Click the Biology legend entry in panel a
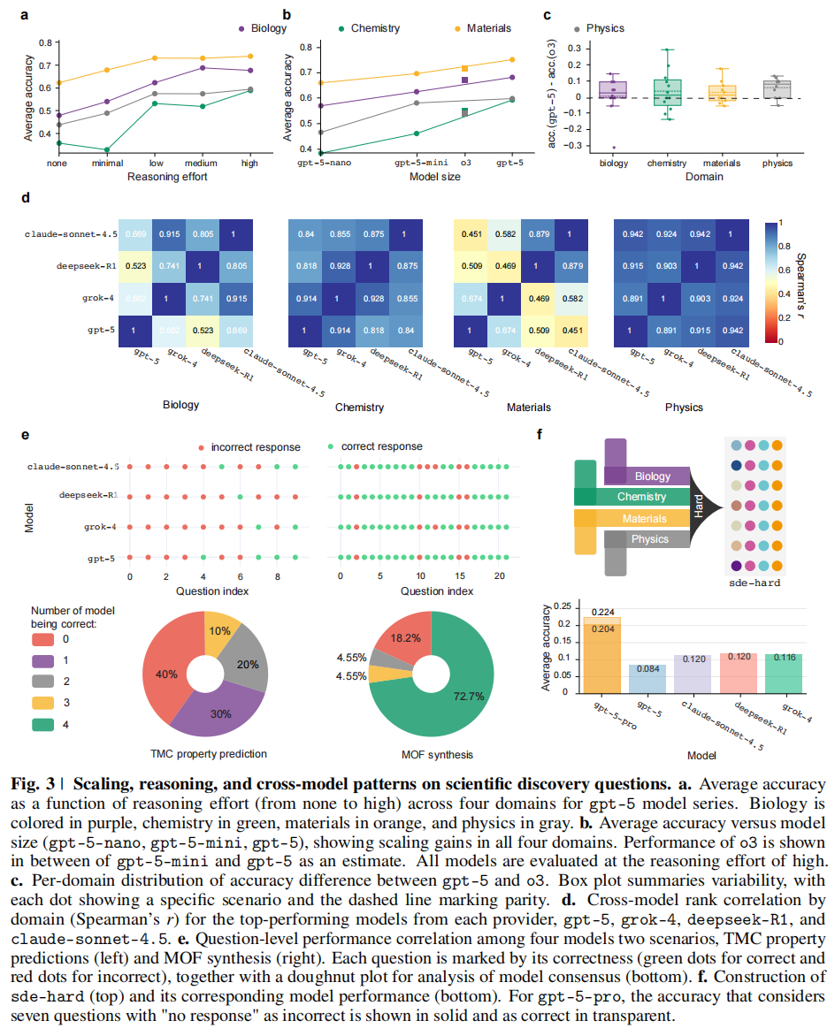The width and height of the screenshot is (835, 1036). click(x=262, y=28)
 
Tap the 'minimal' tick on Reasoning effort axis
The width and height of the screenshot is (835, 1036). click(x=105, y=164)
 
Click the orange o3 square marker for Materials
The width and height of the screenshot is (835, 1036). click(x=464, y=68)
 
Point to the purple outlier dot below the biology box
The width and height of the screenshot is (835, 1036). click(x=613, y=148)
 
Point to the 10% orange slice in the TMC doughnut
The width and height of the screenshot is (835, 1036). click(x=222, y=629)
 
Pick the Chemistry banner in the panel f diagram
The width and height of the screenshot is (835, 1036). click(x=642, y=498)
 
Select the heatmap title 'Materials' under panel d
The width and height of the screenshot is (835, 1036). click(x=529, y=407)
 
